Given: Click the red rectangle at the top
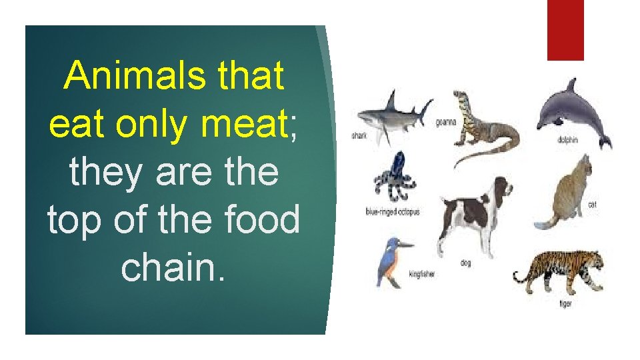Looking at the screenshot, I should [565, 29].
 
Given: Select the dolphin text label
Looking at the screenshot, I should [568, 140].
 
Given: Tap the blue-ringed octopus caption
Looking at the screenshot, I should [392, 212].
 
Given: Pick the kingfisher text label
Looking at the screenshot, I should [421, 274].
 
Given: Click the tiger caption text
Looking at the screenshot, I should [565, 304].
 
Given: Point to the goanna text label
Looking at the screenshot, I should [445, 123].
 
